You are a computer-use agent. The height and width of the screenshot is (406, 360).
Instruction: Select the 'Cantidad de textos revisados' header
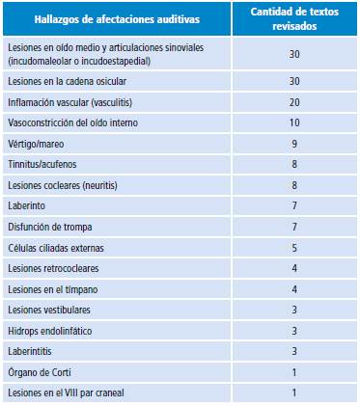click(x=293, y=19)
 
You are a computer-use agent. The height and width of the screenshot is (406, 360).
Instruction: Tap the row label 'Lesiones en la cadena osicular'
click(x=66, y=81)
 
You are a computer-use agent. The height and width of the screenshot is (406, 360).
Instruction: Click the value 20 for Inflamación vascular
click(x=293, y=103)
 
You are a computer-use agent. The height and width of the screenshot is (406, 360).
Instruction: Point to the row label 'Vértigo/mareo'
click(x=35, y=144)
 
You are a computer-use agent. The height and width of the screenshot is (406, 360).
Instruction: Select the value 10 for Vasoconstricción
click(x=293, y=123)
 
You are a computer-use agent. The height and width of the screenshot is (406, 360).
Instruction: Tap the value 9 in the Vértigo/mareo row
click(x=293, y=144)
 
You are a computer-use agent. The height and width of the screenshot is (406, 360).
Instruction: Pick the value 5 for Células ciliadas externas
click(x=293, y=248)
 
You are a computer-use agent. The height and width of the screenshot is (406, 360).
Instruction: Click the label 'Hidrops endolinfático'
click(x=49, y=331)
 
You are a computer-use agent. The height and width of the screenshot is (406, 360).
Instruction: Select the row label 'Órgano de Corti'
click(x=39, y=372)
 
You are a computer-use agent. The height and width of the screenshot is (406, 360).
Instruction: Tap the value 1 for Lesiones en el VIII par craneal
click(x=293, y=392)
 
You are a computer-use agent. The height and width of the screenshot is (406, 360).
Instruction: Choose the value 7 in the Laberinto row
click(x=293, y=206)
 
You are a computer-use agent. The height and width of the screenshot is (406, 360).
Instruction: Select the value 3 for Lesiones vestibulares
click(x=293, y=310)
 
